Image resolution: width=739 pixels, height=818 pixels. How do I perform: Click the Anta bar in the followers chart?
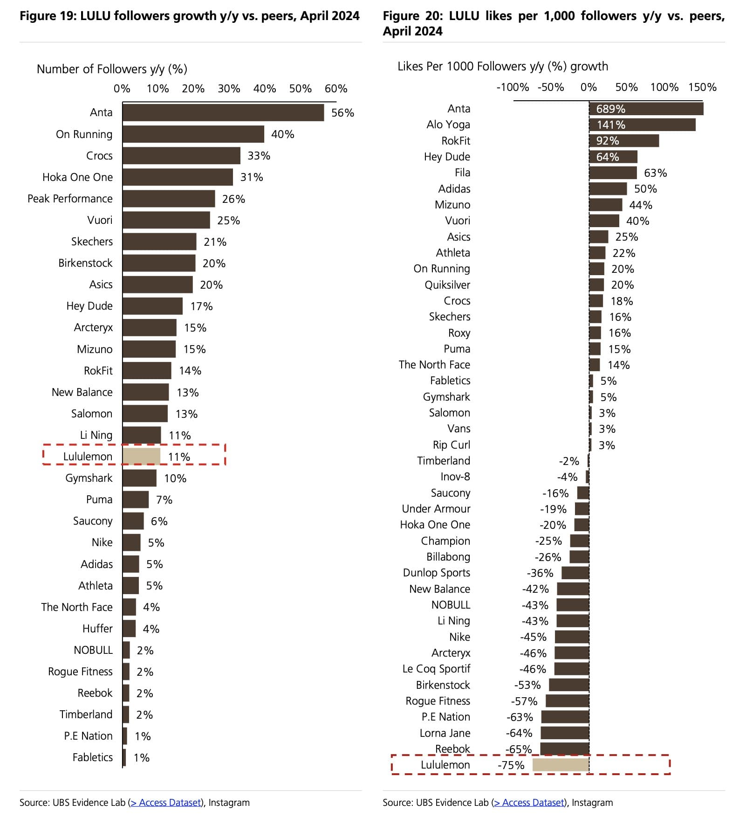point(223,113)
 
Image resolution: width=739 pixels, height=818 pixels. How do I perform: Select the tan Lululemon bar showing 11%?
point(142,457)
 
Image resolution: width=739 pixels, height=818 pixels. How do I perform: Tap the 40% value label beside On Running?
point(282,134)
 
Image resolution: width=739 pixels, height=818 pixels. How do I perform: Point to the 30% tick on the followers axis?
point(229,89)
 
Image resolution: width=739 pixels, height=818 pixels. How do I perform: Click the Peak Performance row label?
point(70,199)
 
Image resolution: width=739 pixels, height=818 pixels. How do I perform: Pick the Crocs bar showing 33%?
point(181,156)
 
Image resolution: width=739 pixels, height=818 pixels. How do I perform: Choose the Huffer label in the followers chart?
point(97,629)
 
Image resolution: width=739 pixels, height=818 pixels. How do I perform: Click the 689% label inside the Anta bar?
point(610,109)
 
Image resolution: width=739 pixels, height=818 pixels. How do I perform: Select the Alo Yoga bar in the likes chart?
point(642,125)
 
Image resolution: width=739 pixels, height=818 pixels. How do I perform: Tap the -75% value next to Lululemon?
point(511,765)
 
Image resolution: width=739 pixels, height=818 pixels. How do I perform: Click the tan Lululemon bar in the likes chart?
point(561,765)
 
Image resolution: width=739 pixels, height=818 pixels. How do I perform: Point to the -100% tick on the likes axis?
point(513,87)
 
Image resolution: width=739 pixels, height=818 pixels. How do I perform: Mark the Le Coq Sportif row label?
point(436,669)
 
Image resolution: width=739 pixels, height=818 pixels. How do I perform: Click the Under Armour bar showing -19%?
point(582,509)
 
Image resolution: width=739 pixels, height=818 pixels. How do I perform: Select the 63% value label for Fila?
point(655,173)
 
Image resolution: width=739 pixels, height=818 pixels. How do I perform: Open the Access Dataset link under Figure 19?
point(166,803)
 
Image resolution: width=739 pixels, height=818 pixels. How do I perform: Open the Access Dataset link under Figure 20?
point(529,803)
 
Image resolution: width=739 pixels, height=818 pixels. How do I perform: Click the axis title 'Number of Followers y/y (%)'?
point(112,69)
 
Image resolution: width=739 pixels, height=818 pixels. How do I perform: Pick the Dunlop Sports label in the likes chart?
point(436,573)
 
